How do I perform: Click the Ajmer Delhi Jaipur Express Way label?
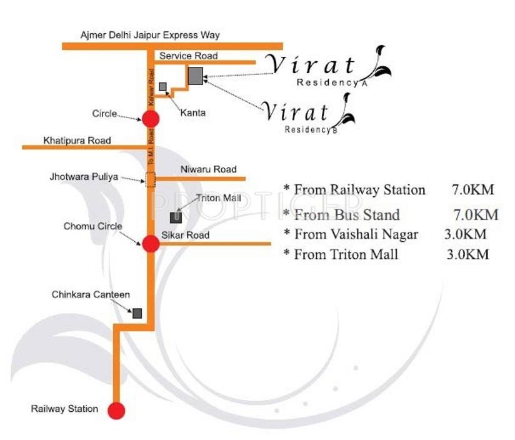[x=150, y=36]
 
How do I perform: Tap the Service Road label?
[x=188, y=56]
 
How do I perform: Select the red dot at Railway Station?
[x=116, y=411]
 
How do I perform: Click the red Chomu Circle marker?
[x=151, y=244]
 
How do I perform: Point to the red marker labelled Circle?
[x=151, y=118]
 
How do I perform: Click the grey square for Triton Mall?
[x=176, y=217]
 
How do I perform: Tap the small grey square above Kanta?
[x=162, y=87]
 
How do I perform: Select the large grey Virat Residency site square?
[x=196, y=76]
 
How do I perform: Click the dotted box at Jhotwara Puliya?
[x=151, y=179]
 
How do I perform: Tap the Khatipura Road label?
[x=77, y=141]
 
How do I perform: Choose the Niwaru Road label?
[x=208, y=169]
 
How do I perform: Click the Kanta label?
[x=193, y=112]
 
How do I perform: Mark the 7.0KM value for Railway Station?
[x=471, y=190]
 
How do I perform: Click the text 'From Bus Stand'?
[x=346, y=215]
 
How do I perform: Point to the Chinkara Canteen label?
[x=91, y=294]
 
